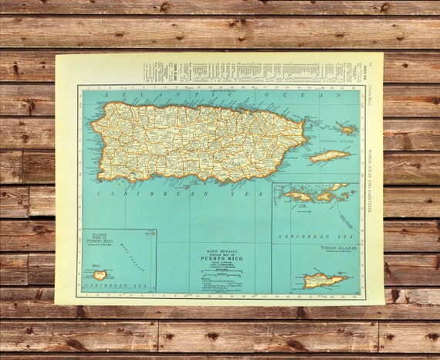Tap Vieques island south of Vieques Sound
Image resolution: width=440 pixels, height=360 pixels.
(x=330, y=156)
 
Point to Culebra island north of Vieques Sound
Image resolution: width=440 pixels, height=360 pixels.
(x=345, y=128)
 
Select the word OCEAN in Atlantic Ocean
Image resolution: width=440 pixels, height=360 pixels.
(x=308, y=95)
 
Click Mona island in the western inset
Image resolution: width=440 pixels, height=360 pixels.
(x=100, y=274)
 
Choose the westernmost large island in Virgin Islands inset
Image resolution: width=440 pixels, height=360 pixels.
(x=297, y=195)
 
